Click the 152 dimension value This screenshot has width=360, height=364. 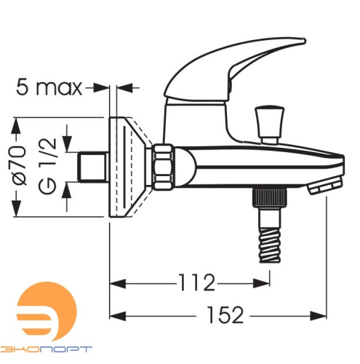225,315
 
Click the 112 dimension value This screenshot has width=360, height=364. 196,282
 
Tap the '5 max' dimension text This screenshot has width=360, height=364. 49,87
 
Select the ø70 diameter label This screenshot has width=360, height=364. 19,166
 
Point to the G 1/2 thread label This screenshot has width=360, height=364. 48,166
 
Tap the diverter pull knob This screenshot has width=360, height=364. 269,124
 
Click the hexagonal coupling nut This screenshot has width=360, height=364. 164,167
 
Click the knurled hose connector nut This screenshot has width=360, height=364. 270,198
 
